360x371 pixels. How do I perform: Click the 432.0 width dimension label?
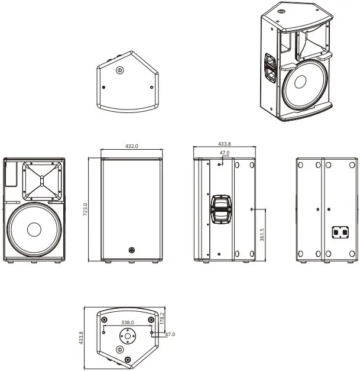(x=131, y=146)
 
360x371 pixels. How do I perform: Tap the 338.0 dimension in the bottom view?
(x=128, y=322)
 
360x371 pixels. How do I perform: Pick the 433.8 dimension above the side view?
(x=225, y=144)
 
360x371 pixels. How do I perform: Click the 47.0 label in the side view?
(x=225, y=153)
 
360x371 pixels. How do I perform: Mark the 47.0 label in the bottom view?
(x=171, y=334)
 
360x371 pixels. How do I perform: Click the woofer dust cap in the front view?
(x=33, y=230)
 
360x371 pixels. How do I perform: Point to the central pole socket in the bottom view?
(x=128, y=337)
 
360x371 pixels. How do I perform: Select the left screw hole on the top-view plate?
(x=104, y=87)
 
